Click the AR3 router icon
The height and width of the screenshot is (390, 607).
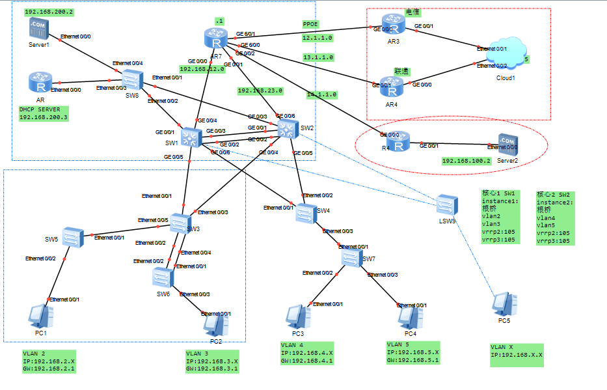(394, 25)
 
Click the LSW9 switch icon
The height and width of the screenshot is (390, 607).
(448, 204)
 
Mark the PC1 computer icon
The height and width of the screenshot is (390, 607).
(40, 316)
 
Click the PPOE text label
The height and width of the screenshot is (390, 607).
(310, 24)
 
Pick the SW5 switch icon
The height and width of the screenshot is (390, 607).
(74, 236)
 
